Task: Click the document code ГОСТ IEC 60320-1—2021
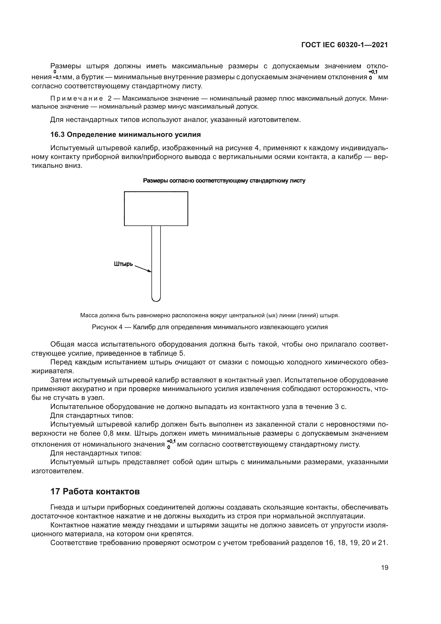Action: (x=344, y=45)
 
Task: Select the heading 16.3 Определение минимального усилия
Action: (x=126, y=134)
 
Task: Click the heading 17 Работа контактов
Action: (x=95, y=491)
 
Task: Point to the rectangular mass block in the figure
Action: (x=156, y=208)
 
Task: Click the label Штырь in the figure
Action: (x=123, y=264)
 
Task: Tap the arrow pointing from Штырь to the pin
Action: (x=143, y=269)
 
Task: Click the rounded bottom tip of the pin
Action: (x=156, y=300)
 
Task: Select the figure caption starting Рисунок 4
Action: (x=210, y=327)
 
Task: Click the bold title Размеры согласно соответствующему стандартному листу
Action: (x=224, y=181)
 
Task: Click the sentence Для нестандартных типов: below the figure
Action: (x=96, y=453)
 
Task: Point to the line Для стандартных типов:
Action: (x=92, y=416)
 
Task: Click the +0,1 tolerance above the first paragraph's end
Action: (x=373, y=72)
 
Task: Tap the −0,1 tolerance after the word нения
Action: (x=57, y=77)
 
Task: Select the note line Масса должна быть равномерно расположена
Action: (x=210, y=315)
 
